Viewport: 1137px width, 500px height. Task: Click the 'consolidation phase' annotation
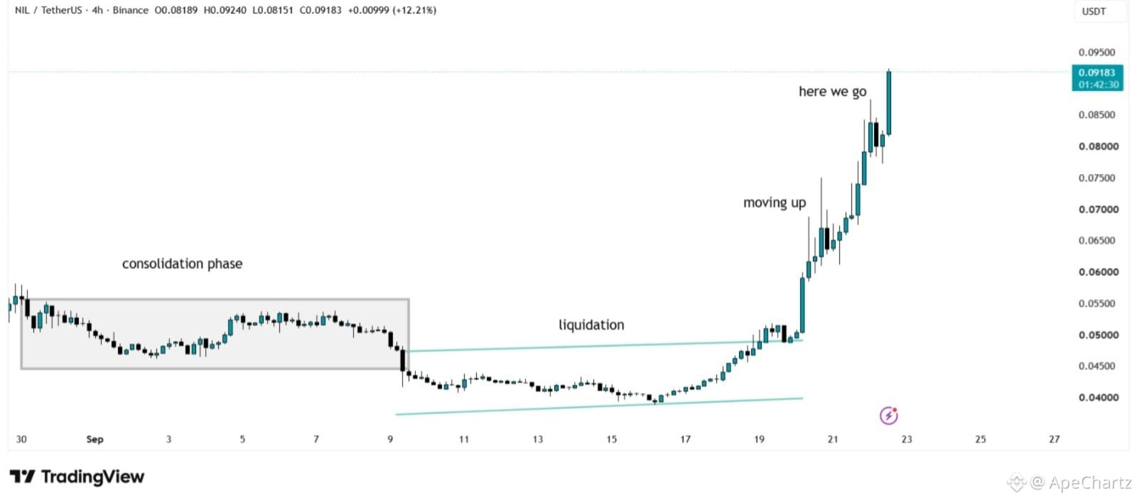tap(182, 263)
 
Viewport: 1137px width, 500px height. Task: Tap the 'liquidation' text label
tap(591, 325)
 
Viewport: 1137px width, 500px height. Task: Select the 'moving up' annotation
tap(775, 203)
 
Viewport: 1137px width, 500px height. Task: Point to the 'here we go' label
tap(832, 92)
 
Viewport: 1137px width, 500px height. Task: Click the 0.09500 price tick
tap(1097, 53)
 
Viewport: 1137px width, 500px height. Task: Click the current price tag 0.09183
tap(1097, 77)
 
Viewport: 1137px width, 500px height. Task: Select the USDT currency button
tap(1094, 11)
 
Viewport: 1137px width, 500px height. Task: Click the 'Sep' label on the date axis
tap(95, 439)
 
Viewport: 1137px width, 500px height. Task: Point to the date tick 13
tap(537, 439)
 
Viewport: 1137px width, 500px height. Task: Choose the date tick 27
tap(1055, 439)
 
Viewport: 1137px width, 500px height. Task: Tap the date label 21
tap(832, 439)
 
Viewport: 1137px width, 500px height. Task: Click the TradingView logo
tap(77, 477)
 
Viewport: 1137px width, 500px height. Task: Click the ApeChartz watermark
tap(1069, 482)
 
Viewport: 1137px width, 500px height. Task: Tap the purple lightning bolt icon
tap(889, 415)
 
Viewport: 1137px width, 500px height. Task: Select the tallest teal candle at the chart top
tap(889, 102)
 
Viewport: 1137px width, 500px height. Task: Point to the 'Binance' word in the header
tap(131, 10)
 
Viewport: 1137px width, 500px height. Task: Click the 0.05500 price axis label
tap(1097, 303)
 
